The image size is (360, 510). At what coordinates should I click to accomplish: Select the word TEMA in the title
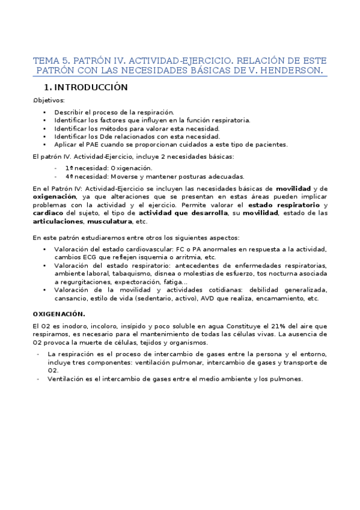45,61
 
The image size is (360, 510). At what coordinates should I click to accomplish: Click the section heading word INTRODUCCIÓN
99,87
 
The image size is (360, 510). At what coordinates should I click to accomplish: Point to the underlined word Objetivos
50,100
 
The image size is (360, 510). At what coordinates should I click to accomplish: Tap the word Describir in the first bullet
68,112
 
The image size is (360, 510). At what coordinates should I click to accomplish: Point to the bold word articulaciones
59,221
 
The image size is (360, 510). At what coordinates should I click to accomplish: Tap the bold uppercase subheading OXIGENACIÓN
59,314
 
